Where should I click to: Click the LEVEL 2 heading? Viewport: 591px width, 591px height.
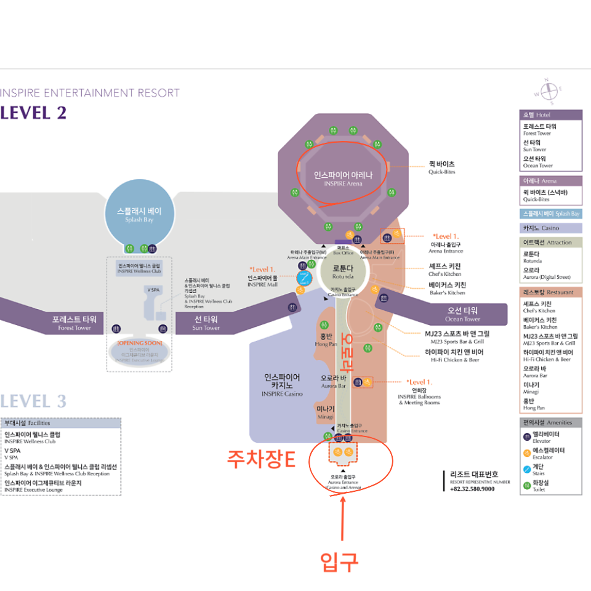pos(34,113)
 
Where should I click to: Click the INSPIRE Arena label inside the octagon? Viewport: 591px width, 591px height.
pos(343,178)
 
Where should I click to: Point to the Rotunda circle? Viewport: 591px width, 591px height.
pos(343,271)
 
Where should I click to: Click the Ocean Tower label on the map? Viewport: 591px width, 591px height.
pos(463,315)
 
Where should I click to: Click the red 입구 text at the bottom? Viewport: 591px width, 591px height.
pos(339,561)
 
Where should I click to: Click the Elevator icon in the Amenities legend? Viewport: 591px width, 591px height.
pos(528,436)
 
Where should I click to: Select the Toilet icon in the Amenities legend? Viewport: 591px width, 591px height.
pos(528,486)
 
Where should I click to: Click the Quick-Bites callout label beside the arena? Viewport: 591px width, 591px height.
pos(441,167)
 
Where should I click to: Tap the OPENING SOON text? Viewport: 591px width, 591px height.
pos(139,342)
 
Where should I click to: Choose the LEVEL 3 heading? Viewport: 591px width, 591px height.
pos(34,401)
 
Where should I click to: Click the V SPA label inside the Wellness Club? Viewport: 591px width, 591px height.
pos(153,289)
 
